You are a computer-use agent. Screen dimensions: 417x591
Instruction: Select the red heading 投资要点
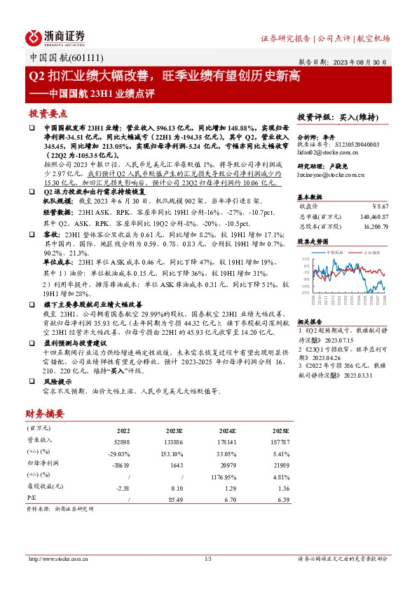(x=48, y=113)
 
